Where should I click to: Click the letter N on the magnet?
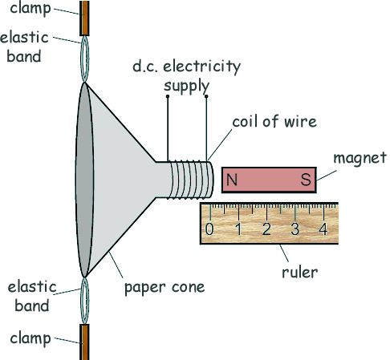pyautogui.click(x=232, y=180)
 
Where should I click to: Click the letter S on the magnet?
pyautogui.click(x=306, y=180)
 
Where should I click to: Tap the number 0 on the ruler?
pyautogui.click(x=209, y=229)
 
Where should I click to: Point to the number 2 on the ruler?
pyautogui.click(x=266, y=229)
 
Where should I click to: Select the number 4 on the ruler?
pyautogui.click(x=323, y=229)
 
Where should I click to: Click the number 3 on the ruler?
pyautogui.click(x=295, y=229)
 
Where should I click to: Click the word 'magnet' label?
pyautogui.click(x=360, y=158)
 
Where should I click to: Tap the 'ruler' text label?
pyautogui.click(x=300, y=272)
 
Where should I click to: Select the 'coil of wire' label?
pyautogui.click(x=274, y=121)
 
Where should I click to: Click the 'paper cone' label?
pyautogui.click(x=165, y=288)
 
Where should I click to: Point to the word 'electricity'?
pyautogui.click(x=202, y=67)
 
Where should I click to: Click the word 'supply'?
pyautogui.click(x=186, y=87)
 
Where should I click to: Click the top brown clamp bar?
pyautogui.click(x=84, y=18)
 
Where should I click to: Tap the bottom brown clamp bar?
pyautogui.click(x=84, y=342)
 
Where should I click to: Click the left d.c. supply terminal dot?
pyautogui.click(x=168, y=96)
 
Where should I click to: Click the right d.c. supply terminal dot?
pyautogui.click(x=206, y=96)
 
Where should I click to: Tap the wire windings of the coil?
pyautogui.click(x=190, y=180)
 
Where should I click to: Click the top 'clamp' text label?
pyautogui.click(x=30, y=9)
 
